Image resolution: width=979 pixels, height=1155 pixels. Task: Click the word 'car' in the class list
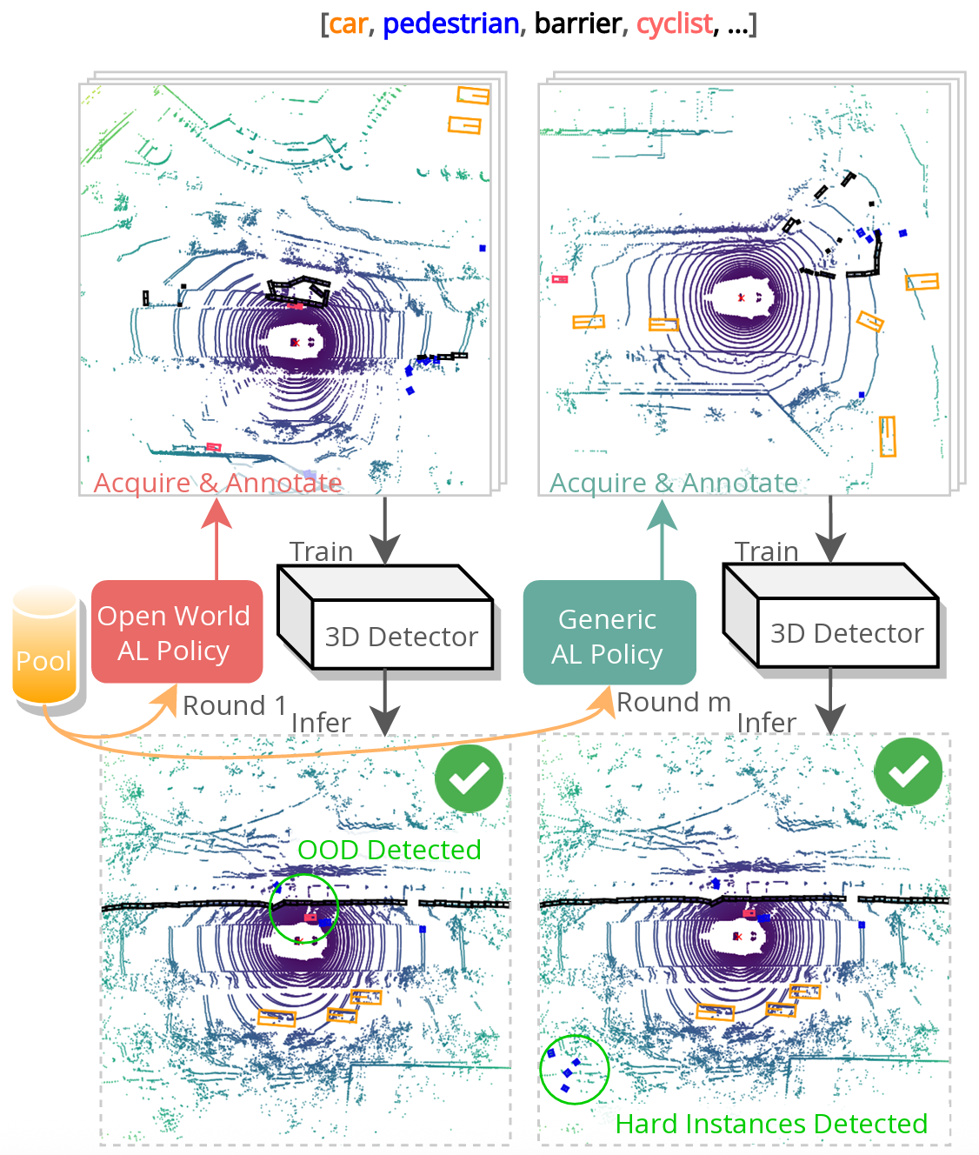point(349,23)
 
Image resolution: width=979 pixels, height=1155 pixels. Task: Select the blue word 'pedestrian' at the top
point(450,23)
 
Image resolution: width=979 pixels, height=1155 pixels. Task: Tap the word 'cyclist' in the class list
point(674,23)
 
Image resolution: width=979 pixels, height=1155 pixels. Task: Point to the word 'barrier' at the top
point(577,23)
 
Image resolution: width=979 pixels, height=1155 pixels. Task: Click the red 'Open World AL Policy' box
point(176,632)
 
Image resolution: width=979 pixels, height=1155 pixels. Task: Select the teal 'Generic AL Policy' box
point(609,636)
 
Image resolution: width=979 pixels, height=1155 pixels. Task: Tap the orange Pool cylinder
point(45,647)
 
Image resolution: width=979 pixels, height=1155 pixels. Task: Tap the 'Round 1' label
point(234,705)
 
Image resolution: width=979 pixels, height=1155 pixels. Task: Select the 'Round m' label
point(674,702)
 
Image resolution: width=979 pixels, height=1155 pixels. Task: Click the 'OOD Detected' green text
point(389,850)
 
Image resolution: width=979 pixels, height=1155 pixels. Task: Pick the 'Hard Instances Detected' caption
point(771,1124)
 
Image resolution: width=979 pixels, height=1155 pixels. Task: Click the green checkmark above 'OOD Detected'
point(469,778)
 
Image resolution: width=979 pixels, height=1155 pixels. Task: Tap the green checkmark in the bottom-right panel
point(909,771)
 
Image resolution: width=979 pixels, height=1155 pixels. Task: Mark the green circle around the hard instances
point(574,1069)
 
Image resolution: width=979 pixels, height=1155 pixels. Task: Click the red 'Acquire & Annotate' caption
point(217,483)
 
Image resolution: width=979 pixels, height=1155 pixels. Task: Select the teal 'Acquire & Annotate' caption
point(674,483)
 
